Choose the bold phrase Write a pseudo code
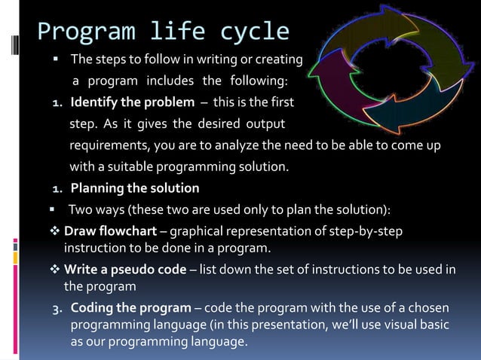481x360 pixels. pos(125,270)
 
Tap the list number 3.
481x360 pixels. pos(57,310)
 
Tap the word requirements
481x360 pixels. pos(109,145)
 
